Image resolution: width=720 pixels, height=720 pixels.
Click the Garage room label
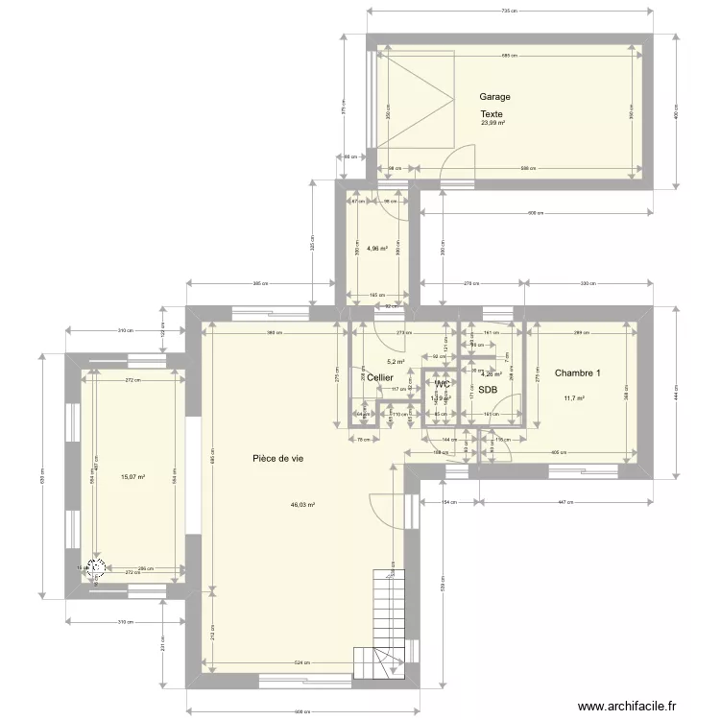point(495,97)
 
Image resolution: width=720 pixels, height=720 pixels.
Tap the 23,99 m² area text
point(493,123)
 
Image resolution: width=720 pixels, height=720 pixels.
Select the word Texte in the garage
point(492,114)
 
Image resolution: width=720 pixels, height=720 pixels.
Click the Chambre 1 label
point(577,373)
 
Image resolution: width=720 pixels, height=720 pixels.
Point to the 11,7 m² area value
point(575,398)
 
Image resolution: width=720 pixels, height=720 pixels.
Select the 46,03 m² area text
point(303,504)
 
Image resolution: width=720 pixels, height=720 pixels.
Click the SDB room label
point(488,390)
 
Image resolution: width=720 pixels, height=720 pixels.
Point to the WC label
point(443,384)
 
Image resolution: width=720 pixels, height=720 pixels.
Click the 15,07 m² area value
point(132,476)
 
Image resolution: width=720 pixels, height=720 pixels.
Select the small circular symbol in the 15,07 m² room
point(96,566)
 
